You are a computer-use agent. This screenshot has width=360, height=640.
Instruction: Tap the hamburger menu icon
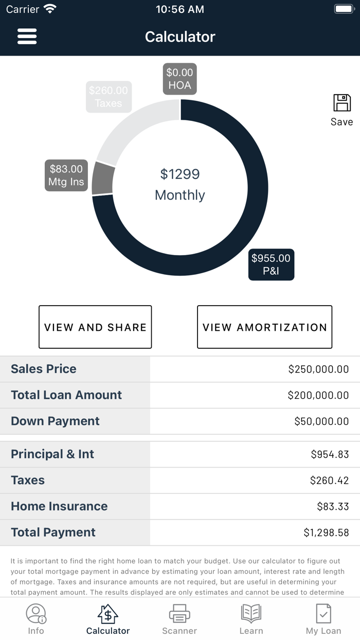[x=27, y=37]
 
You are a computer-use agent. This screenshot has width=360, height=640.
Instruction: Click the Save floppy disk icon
[x=342, y=103]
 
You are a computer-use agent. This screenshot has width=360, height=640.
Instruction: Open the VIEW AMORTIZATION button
[x=264, y=327]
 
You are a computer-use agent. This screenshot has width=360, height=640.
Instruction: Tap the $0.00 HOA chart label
[x=179, y=79]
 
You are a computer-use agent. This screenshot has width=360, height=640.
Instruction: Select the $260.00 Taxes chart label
[x=109, y=97]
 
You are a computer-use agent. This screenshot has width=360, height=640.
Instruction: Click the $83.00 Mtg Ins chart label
[x=66, y=175]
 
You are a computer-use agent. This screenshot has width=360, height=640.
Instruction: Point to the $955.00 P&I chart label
[x=271, y=264]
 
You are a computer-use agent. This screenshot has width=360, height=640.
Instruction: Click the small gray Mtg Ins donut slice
[x=103, y=179]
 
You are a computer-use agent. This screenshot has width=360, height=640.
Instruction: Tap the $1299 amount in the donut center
[x=179, y=174]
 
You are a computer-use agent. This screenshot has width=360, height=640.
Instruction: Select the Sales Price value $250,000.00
[x=318, y=369]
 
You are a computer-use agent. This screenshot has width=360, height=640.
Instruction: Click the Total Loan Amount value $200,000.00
[x=318, y=396]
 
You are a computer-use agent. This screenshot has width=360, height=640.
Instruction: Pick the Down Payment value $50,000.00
[x=321, y=421]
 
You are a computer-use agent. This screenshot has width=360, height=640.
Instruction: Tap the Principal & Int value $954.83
[x=330, y=454]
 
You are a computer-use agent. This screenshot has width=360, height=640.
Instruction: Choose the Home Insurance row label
[x=59, y=506]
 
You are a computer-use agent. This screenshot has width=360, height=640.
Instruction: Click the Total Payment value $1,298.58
[x=326, y=532]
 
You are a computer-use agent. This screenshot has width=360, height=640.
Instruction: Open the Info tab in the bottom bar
[x=36, y=619]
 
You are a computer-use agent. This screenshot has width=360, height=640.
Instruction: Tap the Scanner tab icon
[x=179, y=614]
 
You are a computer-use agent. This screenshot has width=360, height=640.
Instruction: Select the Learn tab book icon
[x=251, y=614]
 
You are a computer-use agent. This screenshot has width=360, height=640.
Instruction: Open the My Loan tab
[x=323, y=619]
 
